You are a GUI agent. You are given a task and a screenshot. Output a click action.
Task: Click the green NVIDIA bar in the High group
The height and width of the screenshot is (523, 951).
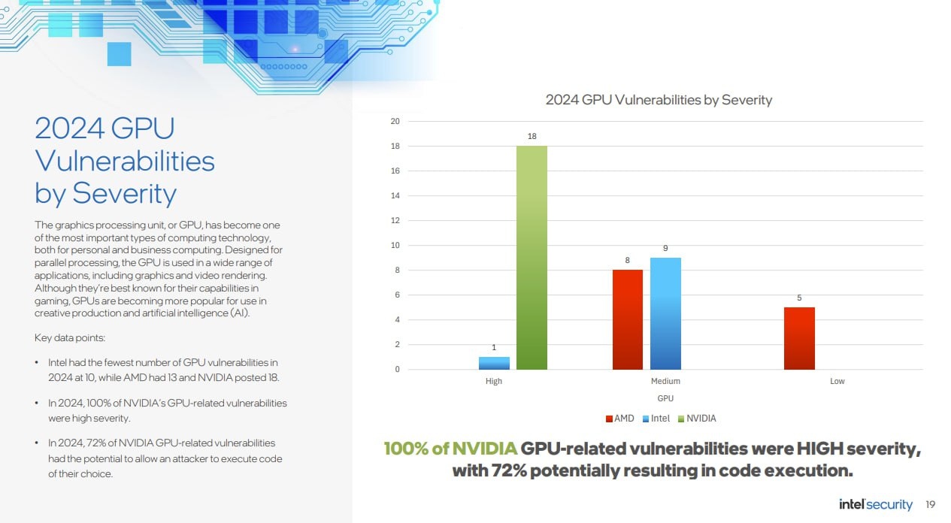[x=532, y=258]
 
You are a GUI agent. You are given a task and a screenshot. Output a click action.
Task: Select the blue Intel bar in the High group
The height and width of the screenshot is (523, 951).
[x=494, y=363]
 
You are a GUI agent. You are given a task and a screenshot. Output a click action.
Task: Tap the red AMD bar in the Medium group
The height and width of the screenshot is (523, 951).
[x=628, y=319]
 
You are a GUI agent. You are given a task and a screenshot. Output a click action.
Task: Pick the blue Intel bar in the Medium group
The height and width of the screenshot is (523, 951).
[x=665, y=313]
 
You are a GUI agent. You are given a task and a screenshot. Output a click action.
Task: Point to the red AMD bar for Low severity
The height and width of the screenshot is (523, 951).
[x=799, y=338]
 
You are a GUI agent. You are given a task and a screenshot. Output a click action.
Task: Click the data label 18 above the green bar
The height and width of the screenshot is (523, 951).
[x=532, y=136]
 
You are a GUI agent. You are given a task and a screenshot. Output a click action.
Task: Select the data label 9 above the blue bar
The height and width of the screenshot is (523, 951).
[x=665, y=248]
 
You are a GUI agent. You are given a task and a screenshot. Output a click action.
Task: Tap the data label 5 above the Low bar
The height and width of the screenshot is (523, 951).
[x=799, y=298]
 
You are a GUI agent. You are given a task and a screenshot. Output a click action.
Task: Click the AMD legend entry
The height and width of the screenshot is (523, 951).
[x=620, y=419]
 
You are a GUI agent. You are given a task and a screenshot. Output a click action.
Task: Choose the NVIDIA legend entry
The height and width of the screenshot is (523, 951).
[x=697, y=419]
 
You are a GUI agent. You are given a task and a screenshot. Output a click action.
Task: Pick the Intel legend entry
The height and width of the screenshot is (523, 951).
[x=656, y=419]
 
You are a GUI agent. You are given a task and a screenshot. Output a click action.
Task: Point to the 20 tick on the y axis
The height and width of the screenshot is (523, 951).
[x=395, y=122]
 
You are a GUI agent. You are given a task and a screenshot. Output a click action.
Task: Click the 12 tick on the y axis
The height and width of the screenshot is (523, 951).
[x=395, y=220]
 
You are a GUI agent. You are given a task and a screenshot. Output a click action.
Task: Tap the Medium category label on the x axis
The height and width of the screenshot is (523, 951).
[x=665, y=381]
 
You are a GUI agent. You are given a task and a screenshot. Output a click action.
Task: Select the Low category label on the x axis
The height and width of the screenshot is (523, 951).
[x=837, y=381]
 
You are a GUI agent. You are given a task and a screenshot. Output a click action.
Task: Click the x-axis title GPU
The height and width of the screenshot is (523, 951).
[x=665, y=398]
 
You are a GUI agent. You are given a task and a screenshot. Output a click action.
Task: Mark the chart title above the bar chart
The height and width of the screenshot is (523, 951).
[x=659, y=100]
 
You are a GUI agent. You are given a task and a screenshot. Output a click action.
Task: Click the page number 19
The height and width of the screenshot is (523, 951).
[x=930, y=504]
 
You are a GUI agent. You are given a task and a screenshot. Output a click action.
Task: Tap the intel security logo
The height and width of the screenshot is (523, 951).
[x=876, y=504]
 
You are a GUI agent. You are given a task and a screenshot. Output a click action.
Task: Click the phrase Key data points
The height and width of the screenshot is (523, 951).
[x=70, y=338]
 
